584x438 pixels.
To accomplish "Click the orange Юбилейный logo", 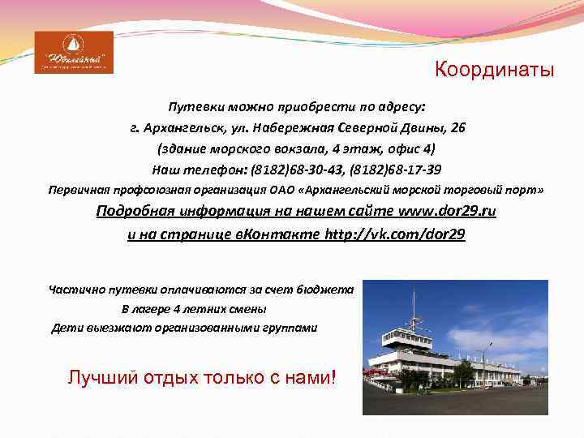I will pyautogui.click(x=74, y=53).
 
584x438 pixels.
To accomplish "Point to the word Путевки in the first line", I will pyautogui.click(x=191, y=106).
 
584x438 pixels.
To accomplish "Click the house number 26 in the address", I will pyautogui.click(x=457, y=127).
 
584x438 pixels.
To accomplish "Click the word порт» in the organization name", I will pyautogui.click(x=523, y=190).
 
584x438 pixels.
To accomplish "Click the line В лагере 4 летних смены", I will pyautogui.click(x=194, y=308).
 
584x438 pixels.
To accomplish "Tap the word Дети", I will pyautogui.click(x=66, y=328).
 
